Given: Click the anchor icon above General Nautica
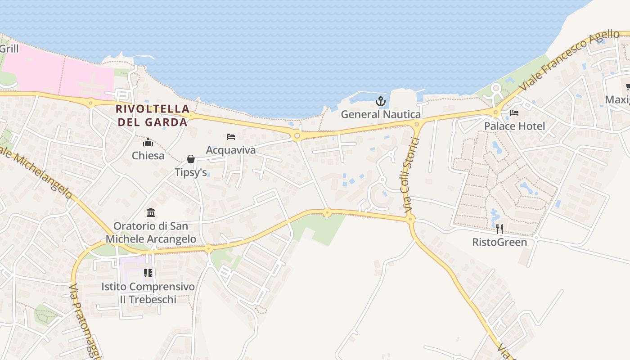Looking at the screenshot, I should click(381, 101).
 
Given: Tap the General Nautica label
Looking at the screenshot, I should click(381, 114).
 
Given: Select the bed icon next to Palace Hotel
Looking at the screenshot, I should click(514, 113).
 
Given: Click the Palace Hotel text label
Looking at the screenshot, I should click(514, 126).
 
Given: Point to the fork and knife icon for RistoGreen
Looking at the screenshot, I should click(499, 229).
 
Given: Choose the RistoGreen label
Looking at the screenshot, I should click(499, 242).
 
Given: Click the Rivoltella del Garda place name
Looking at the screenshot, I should click(153, 115).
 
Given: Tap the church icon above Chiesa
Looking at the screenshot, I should click(148, 143).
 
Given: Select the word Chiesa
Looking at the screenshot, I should click(148, 156).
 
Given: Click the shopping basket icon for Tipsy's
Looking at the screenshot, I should click(191, 159).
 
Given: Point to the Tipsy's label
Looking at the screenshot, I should click(191, 172).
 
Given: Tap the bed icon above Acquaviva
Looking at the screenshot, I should click(231, 137).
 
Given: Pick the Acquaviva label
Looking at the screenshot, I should click(231, 150).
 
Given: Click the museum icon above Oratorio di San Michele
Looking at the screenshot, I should click(151, 212).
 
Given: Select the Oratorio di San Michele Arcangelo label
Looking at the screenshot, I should click(151, 232).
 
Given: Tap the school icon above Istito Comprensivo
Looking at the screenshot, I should click(148, 273).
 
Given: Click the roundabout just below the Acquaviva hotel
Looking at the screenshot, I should click(297, 135).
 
